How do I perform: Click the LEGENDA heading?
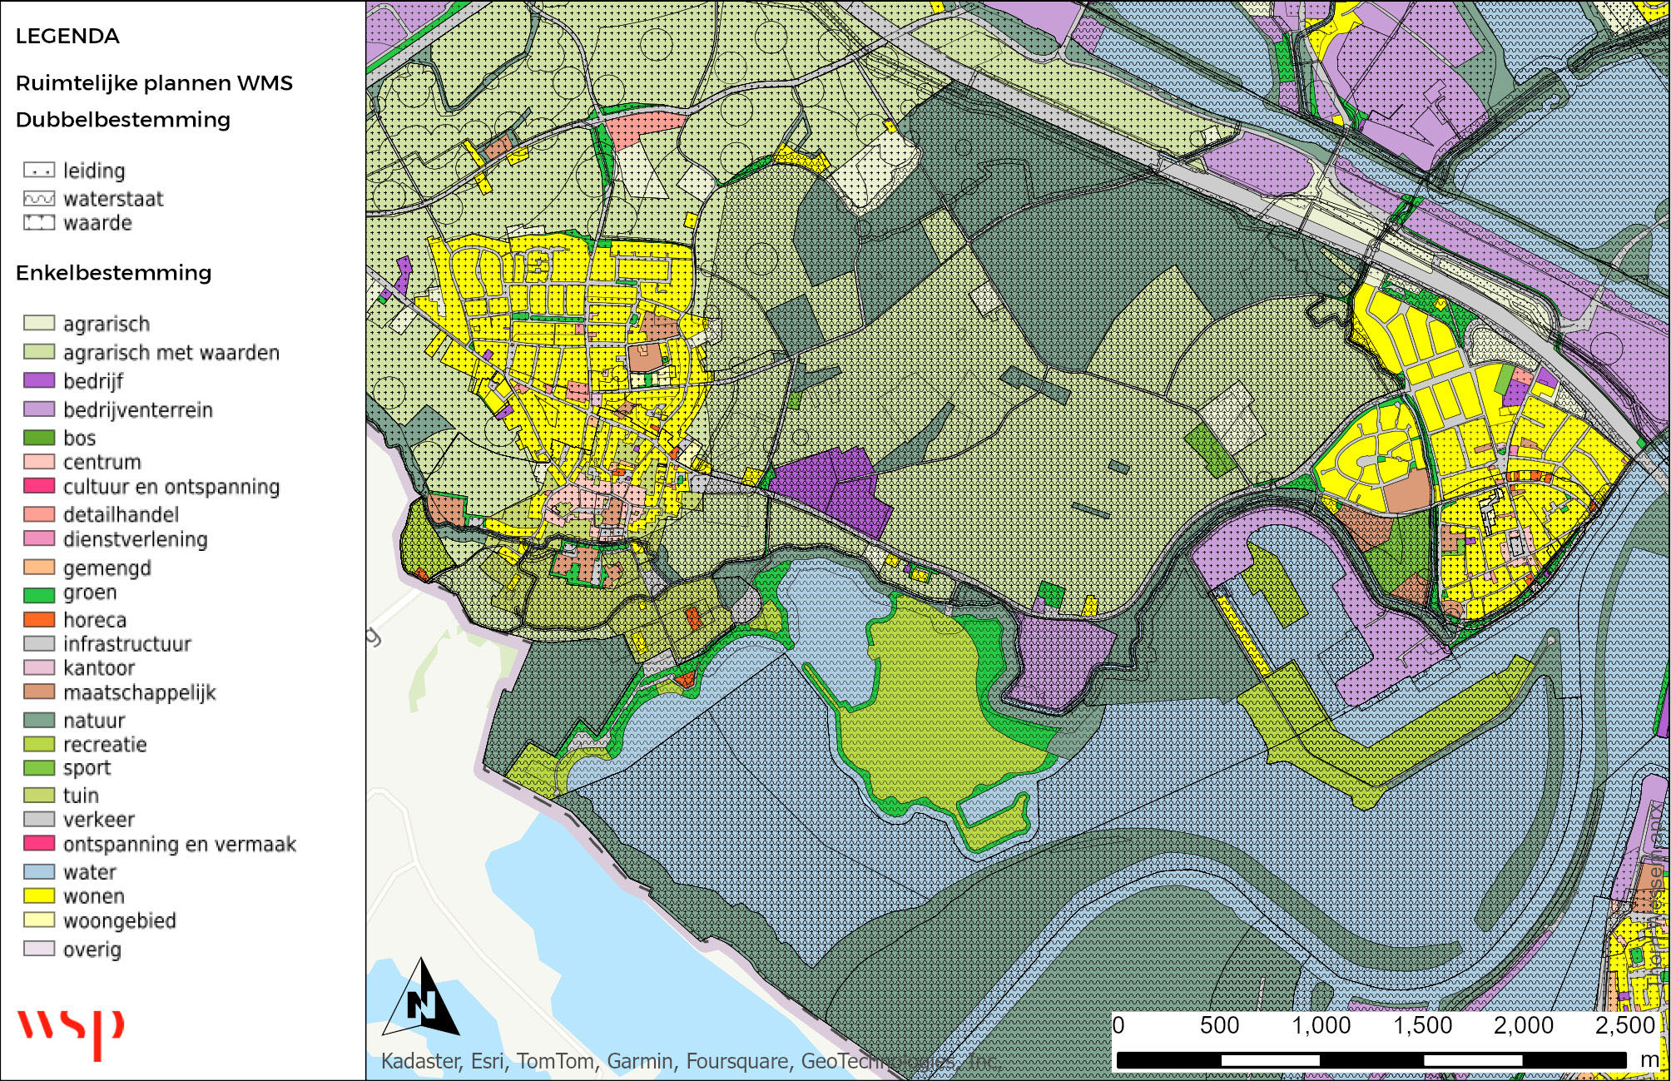[67, 36]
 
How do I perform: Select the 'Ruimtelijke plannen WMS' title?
[154, 83]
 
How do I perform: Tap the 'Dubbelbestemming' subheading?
[122, 120]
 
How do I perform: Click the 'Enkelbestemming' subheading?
[113, 273]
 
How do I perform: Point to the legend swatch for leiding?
[39, 171]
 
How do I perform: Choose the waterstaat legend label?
[113, 199]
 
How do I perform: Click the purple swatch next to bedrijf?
[39, 380]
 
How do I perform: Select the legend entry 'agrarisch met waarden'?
[171, 353]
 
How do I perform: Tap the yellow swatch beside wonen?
[39, 896]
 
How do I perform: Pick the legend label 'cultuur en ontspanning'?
[171, 487]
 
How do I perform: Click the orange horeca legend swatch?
[39, 620]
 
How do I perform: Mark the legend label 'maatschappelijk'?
[139, 692]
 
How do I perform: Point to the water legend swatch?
[39, 872]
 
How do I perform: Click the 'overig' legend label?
[92, 950]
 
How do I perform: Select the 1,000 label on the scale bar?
[1321, 1025]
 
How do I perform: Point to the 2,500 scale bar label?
[1624, 1025]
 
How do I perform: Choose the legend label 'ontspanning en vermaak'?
[179, 845]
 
